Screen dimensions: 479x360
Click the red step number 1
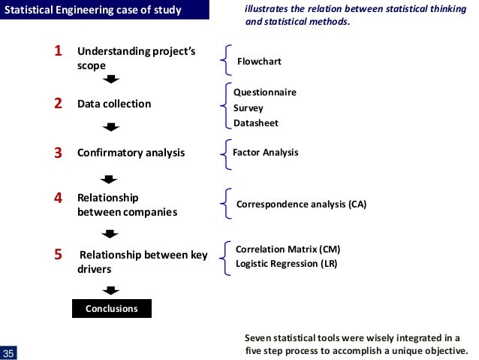point(58,52)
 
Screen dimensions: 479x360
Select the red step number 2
point(58,104)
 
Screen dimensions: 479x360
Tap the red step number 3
point(58,153)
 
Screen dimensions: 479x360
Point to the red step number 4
point(58,198)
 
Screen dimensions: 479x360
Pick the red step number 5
point(58,255)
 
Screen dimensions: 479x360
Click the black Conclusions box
point(111,308)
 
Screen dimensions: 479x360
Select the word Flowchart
point(259,61)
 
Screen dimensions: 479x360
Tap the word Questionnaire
point(265,92)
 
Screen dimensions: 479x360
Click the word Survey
point(249,108)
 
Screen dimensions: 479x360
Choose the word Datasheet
point(255,123)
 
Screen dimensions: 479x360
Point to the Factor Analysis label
point(266,152)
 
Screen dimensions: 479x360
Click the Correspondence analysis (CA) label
point(301,204)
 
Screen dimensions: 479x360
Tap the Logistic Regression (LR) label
point(287,264)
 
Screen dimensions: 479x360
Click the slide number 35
point(9,354)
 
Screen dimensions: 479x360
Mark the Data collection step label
point(114,104)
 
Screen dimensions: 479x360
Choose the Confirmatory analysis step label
point(131,153)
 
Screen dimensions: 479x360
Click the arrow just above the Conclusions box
point(111,289)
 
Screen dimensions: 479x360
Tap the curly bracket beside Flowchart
point(226,59)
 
